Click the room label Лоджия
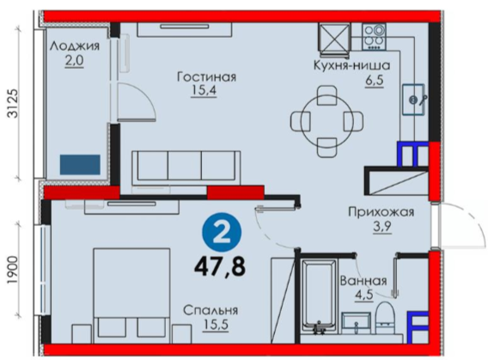click(75, 46)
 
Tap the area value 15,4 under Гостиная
click(204, 90)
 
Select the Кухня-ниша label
click(351, 65)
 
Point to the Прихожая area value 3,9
click(382, 227)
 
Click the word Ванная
click(363, 281)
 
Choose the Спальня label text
click(210, 310)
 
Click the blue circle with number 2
click(222, 232)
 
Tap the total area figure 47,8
click(220, 266)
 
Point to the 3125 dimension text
click(13, 104)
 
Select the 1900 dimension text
click(13, 270)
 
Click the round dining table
click(327, 121)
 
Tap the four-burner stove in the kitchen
click(374, 37)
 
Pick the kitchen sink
click(413, 100)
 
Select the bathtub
click(319, 297)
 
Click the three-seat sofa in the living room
click(186, 168)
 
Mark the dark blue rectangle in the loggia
click(80, 165)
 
